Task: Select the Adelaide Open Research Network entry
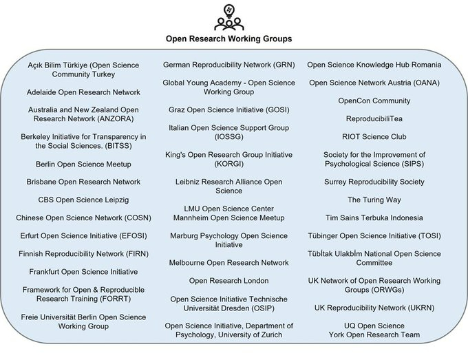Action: pos(83,92)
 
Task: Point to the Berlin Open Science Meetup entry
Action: pos(83,164)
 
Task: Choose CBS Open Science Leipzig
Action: pos(83,200)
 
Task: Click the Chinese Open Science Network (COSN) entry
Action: pos(83,218)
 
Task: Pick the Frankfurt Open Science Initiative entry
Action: pos(83,272)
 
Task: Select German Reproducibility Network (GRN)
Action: pos(228,65)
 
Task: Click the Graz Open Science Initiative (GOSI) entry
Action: pos(228,109)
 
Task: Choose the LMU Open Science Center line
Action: pos(228,209)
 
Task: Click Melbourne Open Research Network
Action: pos(228,263)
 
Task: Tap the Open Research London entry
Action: pos(228,281)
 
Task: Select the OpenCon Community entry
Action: pos(374,100)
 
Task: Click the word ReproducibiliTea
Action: pos(374,118)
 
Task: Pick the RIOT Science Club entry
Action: pos(374,136)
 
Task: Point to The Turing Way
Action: pos(374,200)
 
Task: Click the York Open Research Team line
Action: pos(374,335)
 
